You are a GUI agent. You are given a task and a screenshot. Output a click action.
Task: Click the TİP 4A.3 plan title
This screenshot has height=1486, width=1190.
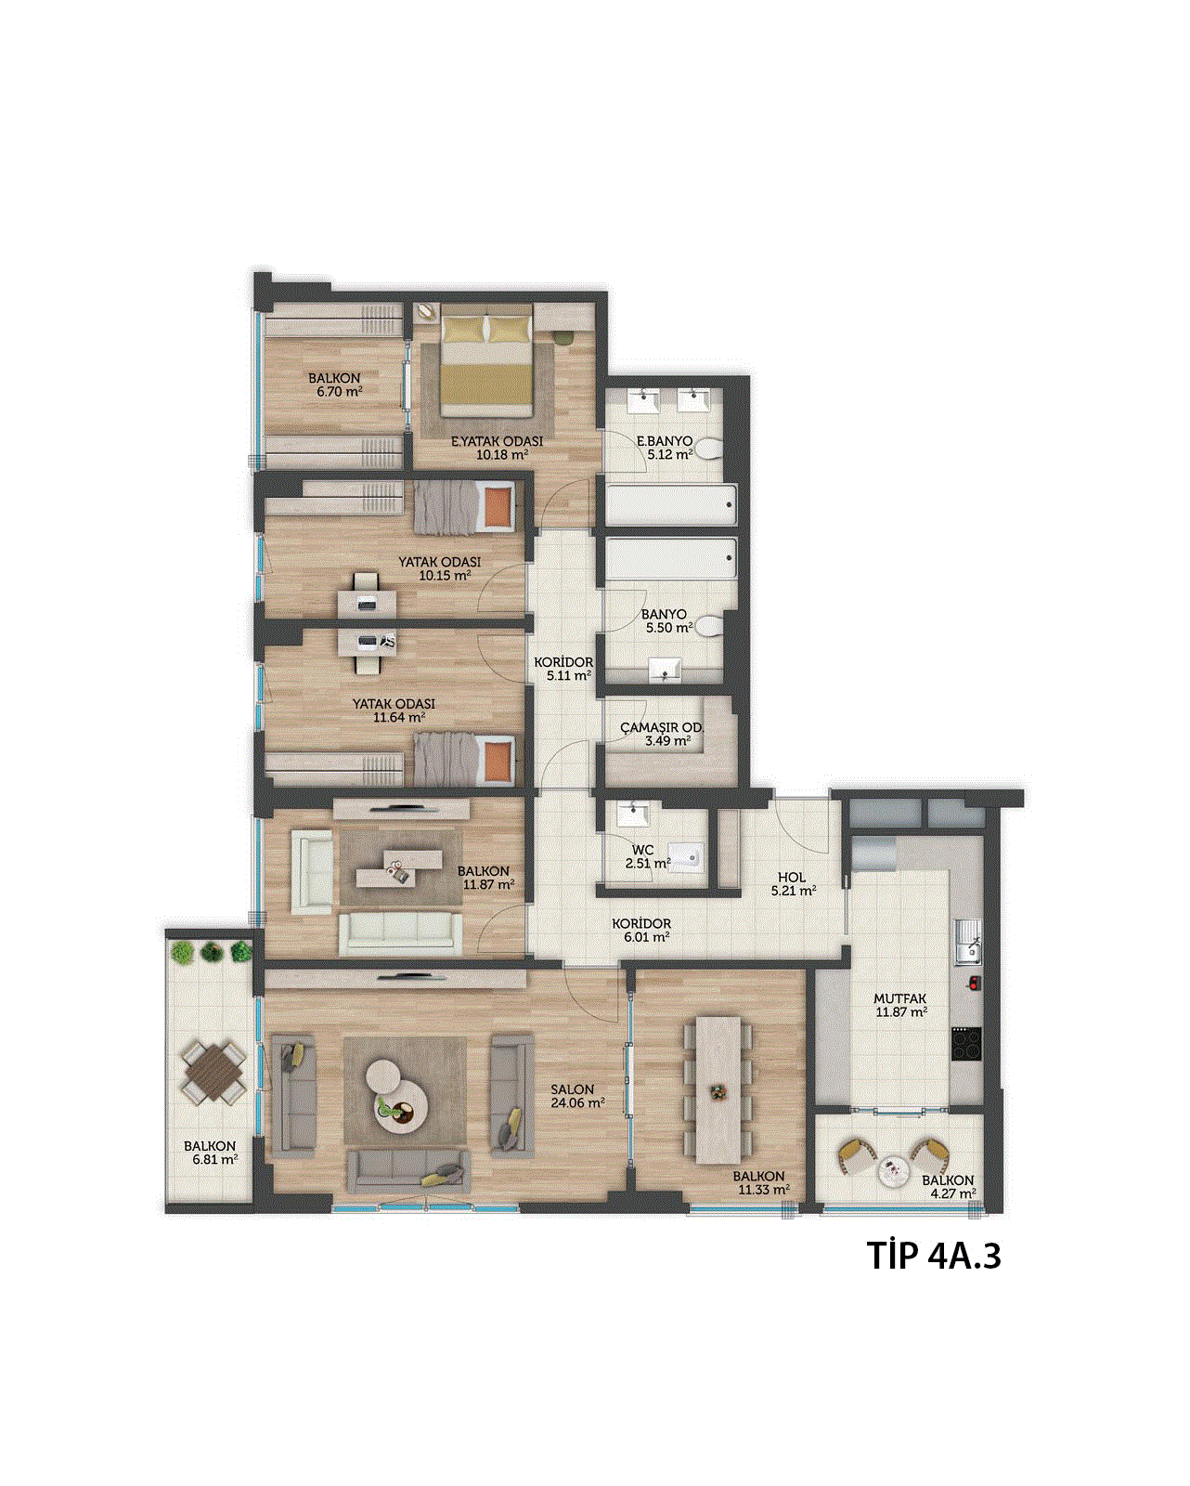point(933,1256)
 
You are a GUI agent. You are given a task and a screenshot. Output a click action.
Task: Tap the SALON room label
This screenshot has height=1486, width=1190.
point(572,1088)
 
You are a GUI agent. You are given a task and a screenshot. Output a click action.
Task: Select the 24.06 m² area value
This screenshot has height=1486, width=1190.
point(577,1102)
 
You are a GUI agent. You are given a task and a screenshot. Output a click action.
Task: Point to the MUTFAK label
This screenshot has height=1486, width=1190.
point(900,998)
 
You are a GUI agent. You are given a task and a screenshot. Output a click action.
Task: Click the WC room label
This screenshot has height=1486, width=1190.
point(642,850)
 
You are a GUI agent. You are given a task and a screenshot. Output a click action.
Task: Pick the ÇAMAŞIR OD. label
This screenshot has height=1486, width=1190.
point(662,728)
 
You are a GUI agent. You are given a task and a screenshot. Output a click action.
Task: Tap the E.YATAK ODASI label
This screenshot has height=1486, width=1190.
point(497,441)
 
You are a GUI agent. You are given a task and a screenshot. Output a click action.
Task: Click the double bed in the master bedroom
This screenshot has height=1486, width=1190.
point(487,366)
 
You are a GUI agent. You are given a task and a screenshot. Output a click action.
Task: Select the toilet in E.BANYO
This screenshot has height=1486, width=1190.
point(708,450)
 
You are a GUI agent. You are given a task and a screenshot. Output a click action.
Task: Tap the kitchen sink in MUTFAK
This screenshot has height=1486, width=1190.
point(968,942)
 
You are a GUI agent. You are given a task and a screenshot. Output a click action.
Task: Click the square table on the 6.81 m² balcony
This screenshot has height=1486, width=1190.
point(214,1072)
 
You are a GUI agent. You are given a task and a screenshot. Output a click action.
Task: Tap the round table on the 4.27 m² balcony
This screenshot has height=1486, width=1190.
point(895,1172)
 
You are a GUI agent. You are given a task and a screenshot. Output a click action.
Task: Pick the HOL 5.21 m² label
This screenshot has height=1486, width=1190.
point(793,884)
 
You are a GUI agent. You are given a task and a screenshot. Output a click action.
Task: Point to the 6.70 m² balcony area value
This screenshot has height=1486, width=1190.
point(335,392)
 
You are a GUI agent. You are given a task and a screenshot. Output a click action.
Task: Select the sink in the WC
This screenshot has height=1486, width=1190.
point(633,815)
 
